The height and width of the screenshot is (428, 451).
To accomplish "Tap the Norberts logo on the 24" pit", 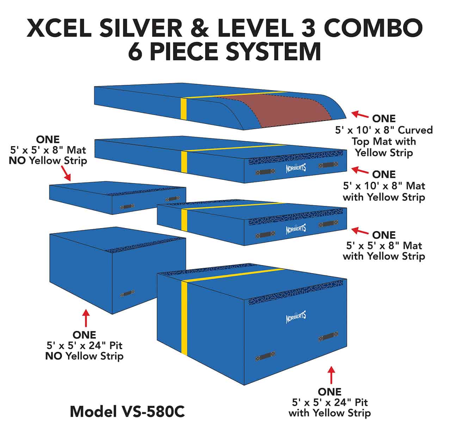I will click(296, 317).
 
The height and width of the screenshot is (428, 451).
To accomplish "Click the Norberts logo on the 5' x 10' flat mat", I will click(296, 168).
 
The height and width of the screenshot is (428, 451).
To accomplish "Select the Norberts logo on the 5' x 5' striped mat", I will click(296, 229).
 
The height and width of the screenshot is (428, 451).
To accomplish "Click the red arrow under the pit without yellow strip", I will click(85, 318).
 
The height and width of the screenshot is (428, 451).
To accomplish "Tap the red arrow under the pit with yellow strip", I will click(331, 375).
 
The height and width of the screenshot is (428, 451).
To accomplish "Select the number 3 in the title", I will click(305, 28).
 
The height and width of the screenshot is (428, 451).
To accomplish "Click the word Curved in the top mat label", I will click(415, 130).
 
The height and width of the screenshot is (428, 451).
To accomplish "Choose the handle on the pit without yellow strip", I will click(127, 293).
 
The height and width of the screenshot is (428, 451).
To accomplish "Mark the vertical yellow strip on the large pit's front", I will click(184, 317).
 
